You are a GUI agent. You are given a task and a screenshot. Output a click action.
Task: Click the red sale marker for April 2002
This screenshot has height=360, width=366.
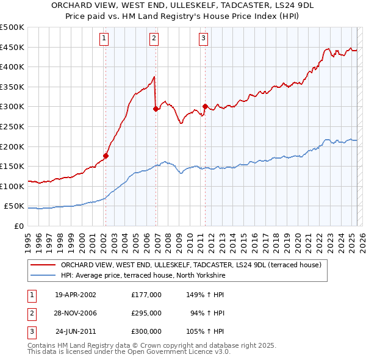point(106,155)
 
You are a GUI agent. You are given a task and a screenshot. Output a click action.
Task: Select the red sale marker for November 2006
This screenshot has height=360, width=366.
point(156,109)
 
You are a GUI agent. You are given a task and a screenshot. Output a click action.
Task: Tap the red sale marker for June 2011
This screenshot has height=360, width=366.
point(204,106)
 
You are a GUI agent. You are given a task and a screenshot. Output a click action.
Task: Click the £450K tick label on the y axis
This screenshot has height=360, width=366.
point(12,47)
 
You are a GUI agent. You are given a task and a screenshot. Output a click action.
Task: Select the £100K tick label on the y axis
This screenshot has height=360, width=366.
point(12,186)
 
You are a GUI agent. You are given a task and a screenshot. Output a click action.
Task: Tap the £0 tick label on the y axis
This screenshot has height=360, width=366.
point(19,226)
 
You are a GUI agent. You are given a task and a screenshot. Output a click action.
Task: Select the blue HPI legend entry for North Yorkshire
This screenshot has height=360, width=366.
point(143,276)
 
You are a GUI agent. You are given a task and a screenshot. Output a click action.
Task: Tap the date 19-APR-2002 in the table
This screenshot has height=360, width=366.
point(76,295)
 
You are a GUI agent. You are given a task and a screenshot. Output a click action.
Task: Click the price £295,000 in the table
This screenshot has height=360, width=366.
point(146,313)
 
